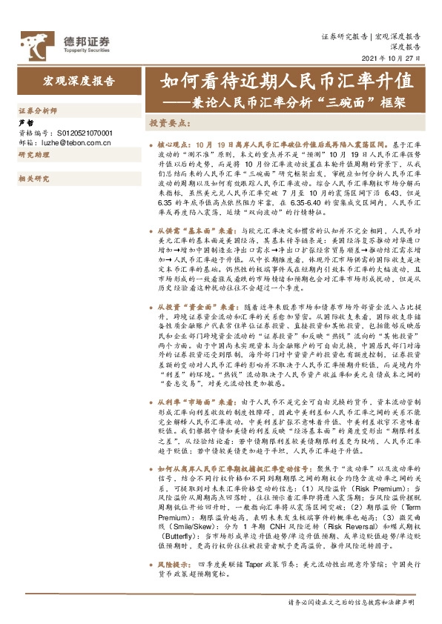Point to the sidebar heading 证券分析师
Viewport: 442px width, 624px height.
coord(38,110)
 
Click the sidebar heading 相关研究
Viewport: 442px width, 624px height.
coord(33,179)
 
